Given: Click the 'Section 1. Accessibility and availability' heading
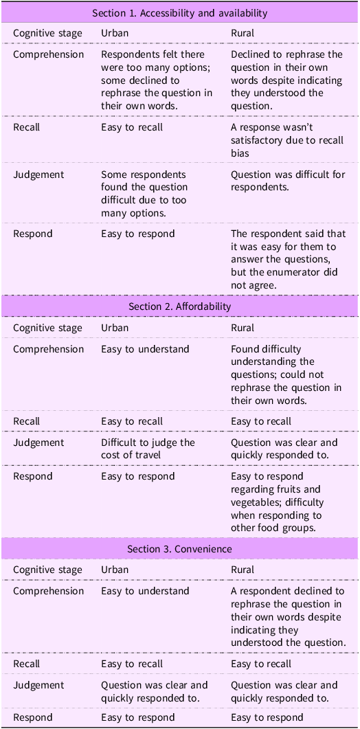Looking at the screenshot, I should click(x=180, y=12).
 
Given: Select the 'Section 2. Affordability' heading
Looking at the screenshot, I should click(x=180, y=306).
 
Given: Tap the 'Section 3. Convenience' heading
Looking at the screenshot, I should click(x=180, y=549).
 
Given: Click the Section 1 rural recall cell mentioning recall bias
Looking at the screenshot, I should click(x=287, y=140).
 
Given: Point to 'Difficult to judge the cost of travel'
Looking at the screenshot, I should click(x=148, y=449).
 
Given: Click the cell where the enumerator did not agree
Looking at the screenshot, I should click(x=288, y=259).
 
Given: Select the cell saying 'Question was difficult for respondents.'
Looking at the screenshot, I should click(x=287, y=181).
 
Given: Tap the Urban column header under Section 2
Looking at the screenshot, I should click(x=115, y=328).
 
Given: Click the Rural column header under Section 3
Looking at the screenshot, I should click(x=242, y=570).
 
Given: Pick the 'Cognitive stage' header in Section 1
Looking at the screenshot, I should click(x=47, y=33).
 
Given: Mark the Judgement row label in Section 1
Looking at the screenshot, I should click(x=38, y=175).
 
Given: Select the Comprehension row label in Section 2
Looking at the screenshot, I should click(x=48, y=349).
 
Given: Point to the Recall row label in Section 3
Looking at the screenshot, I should click(x=27, y=664).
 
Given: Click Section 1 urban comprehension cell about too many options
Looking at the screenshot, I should click(x=157, y=80).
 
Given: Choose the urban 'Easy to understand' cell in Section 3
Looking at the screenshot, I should click(x=145, y=591).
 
